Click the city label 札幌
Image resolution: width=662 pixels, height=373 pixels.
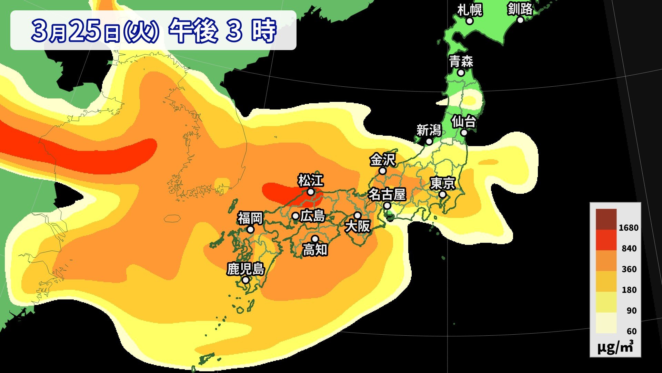(469, 10)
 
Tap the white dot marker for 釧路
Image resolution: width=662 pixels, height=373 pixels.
(520, 20)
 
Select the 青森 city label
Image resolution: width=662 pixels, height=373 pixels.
(461, 62)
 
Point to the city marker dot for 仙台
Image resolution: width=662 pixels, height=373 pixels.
(464, 133)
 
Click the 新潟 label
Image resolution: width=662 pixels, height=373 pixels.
(429, 130)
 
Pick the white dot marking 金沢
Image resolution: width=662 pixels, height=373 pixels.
(382, 171)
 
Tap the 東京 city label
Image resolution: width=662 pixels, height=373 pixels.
(443, 183)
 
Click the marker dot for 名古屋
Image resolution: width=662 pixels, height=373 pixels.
(387, 206)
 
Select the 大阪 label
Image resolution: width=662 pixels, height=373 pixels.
(358, 227)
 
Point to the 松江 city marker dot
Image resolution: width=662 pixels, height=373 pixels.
(311, 192)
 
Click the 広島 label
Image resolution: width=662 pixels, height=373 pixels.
(313, 216)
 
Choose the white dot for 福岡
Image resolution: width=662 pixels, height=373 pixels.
(251, 230)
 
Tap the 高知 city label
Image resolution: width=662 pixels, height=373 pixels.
(315, 250)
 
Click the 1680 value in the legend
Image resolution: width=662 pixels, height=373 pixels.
(628, 228)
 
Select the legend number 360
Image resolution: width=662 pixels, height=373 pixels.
(629, 269)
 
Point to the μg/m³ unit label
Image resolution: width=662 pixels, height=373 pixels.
(615, 347)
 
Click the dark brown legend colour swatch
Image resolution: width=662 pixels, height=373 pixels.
(606, 219)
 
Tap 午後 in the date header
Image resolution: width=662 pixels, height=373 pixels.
(193, 30)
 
